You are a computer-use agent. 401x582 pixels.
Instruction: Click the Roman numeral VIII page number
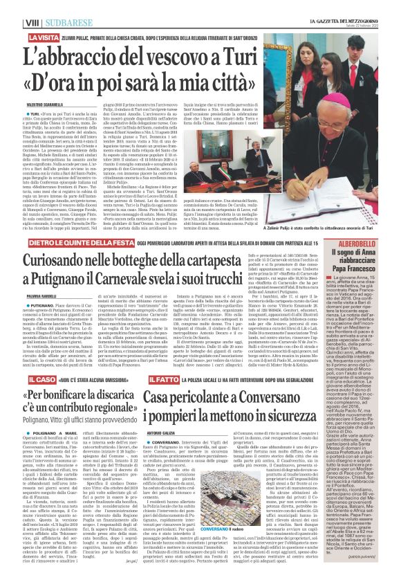(x=12, y=7)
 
